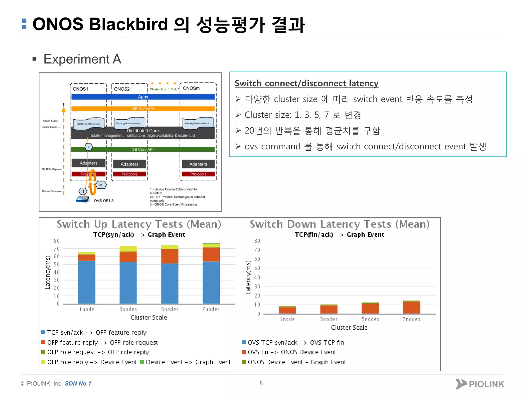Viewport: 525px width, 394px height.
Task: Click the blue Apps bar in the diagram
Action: tap(143, 97)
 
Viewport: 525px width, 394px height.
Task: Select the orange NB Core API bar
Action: tap(143, 109)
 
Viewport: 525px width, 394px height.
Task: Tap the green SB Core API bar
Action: tap(143, 149)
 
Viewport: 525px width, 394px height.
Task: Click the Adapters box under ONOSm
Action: tap(198, 164)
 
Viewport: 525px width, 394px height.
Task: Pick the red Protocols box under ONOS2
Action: tap(129, 174)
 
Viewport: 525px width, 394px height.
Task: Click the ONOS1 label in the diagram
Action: tap(80, 89)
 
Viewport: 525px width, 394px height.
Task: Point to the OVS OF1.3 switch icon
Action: tap(83, 199)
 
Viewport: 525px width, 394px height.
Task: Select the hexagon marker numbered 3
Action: tap(89, 147)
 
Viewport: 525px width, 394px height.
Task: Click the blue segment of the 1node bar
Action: tap(87, 282)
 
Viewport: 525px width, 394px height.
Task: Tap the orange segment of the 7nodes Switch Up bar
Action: tap(211, 254)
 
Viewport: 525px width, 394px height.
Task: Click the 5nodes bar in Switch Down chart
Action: tap(370, 308)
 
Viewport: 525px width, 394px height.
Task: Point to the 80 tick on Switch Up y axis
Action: tap(57, 241)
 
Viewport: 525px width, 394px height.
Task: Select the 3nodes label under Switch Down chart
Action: tap(329, 319)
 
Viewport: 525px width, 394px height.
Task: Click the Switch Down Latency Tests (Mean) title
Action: tap(340, 224)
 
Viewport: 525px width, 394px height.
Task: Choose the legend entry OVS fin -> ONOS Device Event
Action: tap(291, 352)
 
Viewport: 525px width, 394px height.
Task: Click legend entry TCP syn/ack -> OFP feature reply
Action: tap(97, 333)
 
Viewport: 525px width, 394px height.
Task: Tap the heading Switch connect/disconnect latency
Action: tap(306, 83)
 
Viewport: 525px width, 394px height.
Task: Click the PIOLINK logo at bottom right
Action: tap(480, 384)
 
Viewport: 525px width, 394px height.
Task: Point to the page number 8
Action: tap(261, 383)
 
